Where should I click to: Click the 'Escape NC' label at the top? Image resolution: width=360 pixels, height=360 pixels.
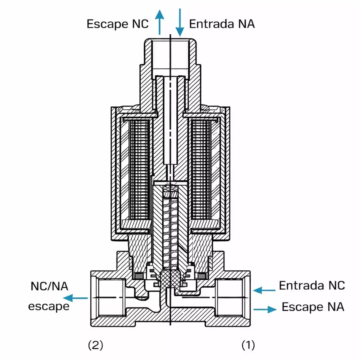coord(117,24)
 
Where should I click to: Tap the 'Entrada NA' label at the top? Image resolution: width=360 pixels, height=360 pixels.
coord(222,24)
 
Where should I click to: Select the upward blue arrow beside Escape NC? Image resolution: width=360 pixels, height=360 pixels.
coord(160,22)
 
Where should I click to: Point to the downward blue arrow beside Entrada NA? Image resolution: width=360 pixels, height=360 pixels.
coord(180,22)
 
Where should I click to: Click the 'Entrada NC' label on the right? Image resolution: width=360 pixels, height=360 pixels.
coord(312,285)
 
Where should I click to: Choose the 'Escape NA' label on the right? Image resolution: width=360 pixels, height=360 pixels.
coord(313,307)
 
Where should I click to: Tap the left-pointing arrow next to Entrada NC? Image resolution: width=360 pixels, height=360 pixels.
coord(264,290)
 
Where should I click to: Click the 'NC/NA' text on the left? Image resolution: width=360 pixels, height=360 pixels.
coord(49,286)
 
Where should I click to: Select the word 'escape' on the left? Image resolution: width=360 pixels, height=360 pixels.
coord(49,306)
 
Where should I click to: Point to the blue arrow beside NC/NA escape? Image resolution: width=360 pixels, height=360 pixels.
coord(76,298)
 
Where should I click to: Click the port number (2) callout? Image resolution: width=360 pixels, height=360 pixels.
coord(95,345)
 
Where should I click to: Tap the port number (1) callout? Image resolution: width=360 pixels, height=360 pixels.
coord(248,345)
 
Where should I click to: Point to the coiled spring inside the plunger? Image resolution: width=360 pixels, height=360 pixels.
coord(170,228)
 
